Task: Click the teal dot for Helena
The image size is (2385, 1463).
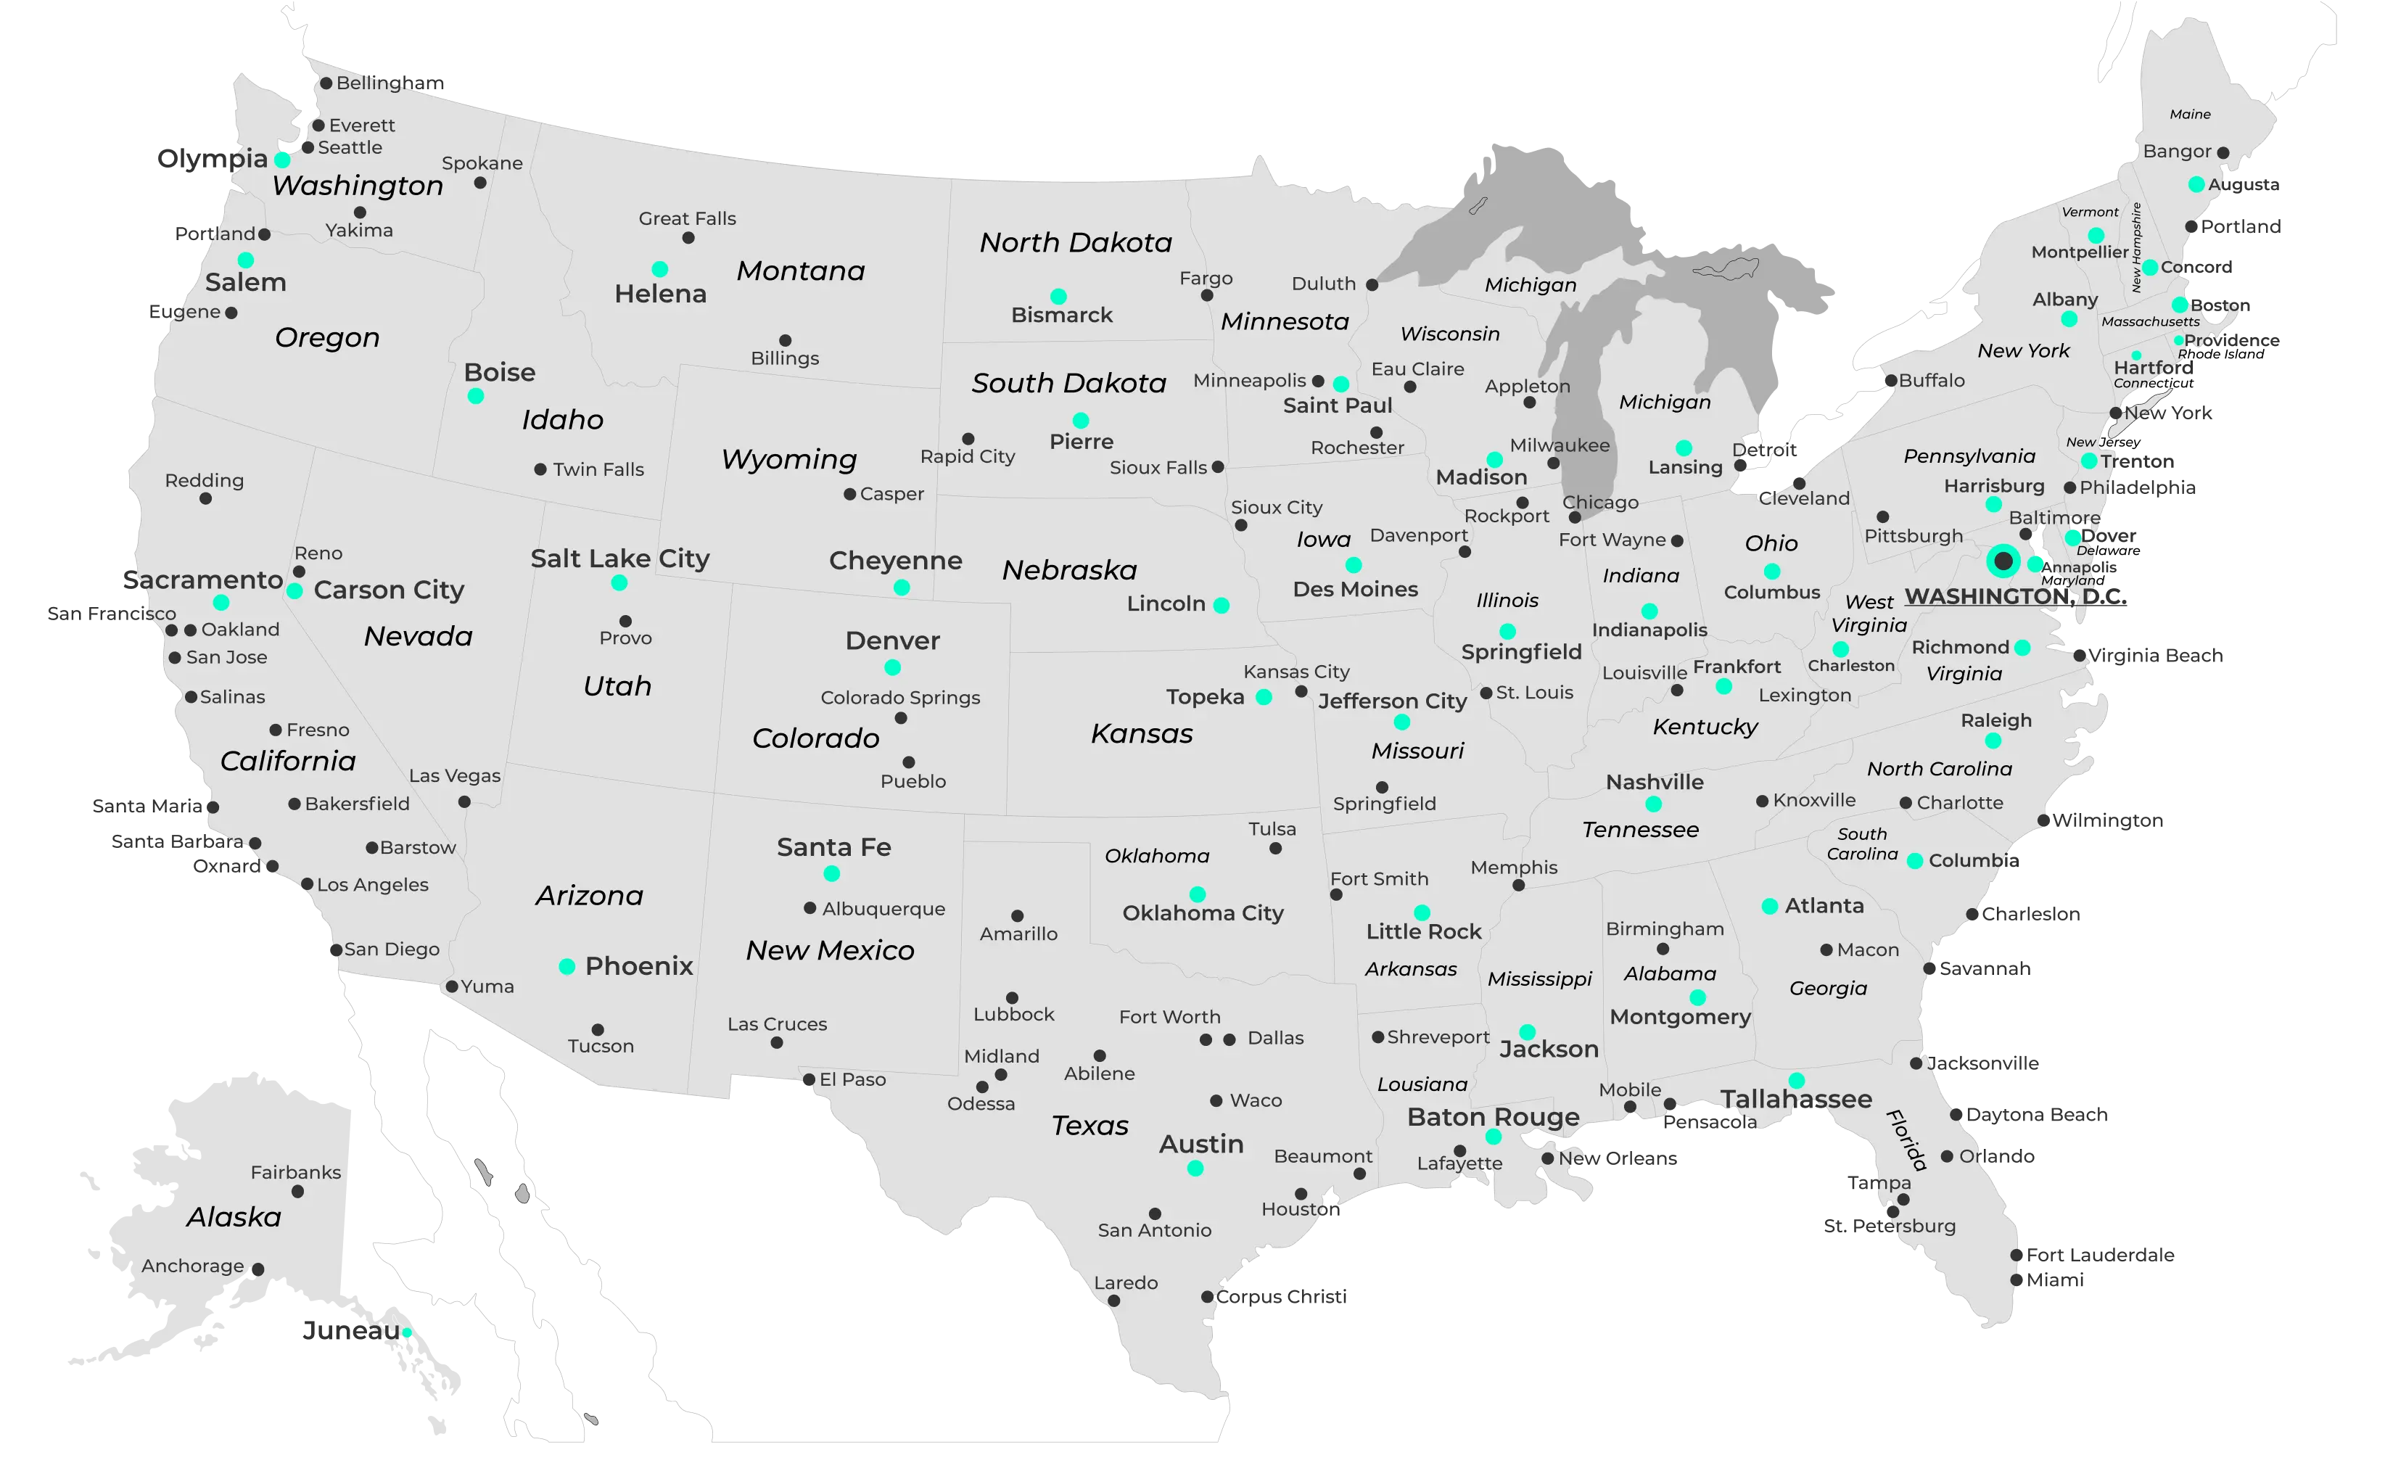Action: pos(659,269)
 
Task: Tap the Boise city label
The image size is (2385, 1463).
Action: pos(500,373)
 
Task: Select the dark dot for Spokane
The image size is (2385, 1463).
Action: pos(480,183)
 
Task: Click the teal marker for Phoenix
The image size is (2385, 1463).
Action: pos(567,967)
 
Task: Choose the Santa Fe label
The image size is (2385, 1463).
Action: pos(833,848)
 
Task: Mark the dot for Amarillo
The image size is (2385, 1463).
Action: pos(1017,915)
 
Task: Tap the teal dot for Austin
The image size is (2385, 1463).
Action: pos(1195,1169)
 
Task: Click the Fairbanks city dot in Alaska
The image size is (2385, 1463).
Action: pos(298,1192)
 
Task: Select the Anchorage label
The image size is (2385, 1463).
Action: pos(193,1266)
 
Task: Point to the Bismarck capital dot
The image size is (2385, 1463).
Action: pos(1059,296)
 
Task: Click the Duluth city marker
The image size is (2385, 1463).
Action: pos(1372,284)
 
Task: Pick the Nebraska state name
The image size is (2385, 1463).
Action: pos(1070,571)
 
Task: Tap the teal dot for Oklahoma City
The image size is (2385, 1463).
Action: pos(1198,894)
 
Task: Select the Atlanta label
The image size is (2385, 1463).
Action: pos(1824,907)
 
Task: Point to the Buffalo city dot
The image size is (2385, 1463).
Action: pos(1890,382)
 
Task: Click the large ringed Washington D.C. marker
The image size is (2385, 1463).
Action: pos(2003,561)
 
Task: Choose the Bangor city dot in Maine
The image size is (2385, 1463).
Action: pos(2223,153)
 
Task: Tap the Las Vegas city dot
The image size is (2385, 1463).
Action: pos(465,802)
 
